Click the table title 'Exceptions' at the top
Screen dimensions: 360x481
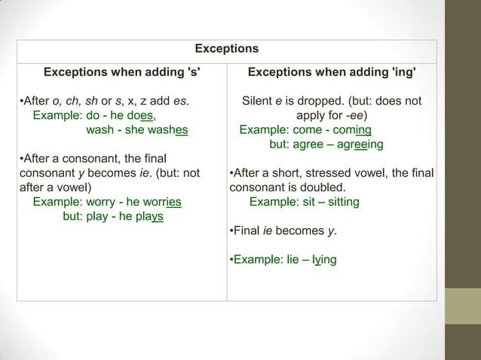226,49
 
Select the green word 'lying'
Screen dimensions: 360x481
321,260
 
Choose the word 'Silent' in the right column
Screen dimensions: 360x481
259,101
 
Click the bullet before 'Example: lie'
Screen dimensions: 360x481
230,260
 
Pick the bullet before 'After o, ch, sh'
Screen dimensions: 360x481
20,101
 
